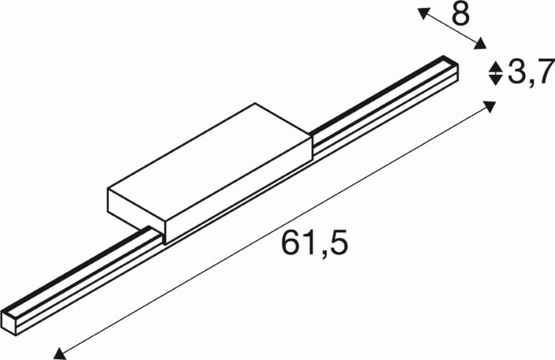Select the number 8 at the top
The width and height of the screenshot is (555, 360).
[461, 15]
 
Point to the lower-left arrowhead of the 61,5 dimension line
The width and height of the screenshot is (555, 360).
[58, 351]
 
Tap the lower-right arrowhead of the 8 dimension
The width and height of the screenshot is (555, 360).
[481, 44]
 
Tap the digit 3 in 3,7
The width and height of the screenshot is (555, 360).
[515, 72]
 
